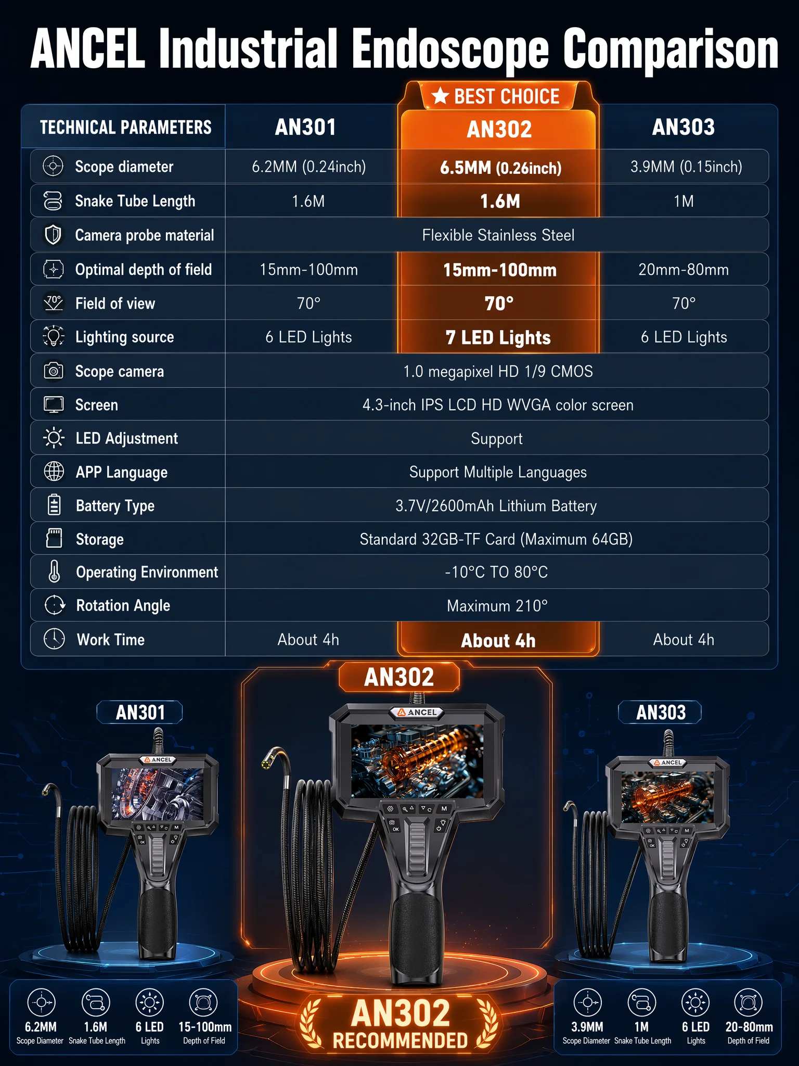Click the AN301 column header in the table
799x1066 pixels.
click(305, 128)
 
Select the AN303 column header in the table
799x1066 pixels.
click(684, 128)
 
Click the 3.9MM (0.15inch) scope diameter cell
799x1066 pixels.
click(686, 167)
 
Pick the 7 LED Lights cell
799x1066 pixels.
click(498, 338)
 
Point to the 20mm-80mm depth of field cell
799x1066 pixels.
click(684, 270)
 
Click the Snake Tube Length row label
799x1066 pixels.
click(135, 201)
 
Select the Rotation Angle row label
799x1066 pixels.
click(123, 606)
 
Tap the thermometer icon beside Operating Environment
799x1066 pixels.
click(54, 572)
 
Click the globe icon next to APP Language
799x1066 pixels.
click(54, 472)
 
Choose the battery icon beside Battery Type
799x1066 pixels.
click(54, 505)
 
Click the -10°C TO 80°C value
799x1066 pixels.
click(496, 573)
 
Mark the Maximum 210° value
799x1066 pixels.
click(497, 606)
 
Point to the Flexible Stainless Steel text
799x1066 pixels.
click(498, 235)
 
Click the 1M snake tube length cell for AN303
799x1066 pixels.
click(684, 201)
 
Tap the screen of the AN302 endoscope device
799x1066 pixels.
click(417, 761)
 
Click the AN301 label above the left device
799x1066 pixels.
click(140, 712)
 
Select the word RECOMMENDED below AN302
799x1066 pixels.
click(400, 1040)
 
